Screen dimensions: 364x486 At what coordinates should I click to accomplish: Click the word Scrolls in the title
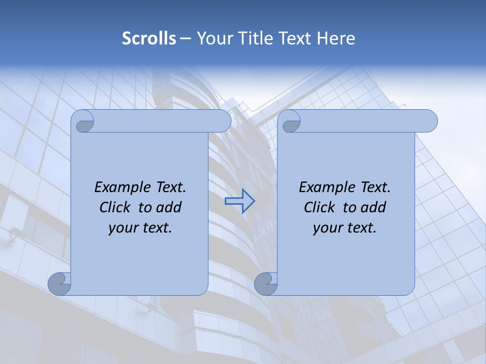pyautogui.click(x=149, y=38)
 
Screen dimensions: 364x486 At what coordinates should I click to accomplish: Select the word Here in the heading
pyautogui.click(x=336, y=38)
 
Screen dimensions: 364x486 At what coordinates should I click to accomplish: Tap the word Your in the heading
pyautogui.click(x=214, y=38)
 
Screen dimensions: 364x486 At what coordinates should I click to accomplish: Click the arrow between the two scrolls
pyautogui.click(x=239, y=201)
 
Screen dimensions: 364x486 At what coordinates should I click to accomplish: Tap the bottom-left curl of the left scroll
pyautogui.click(x=60, y=284)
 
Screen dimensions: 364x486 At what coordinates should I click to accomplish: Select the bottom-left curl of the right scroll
pyautogui.click(x=266, y=284)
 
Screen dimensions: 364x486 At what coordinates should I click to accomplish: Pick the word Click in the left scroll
pyautogui.click(x=115, y=207)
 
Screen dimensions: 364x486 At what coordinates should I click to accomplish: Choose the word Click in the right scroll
pyautogui.click(x=319, y=207)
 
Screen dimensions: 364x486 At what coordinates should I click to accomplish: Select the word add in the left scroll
pyautogui.click(x=170, y=207)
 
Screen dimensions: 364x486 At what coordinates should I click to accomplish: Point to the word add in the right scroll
pyautogui.click(x=374, y=207)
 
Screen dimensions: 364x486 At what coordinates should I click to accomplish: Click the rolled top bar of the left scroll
pyautogui.click(x=162, y=121)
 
